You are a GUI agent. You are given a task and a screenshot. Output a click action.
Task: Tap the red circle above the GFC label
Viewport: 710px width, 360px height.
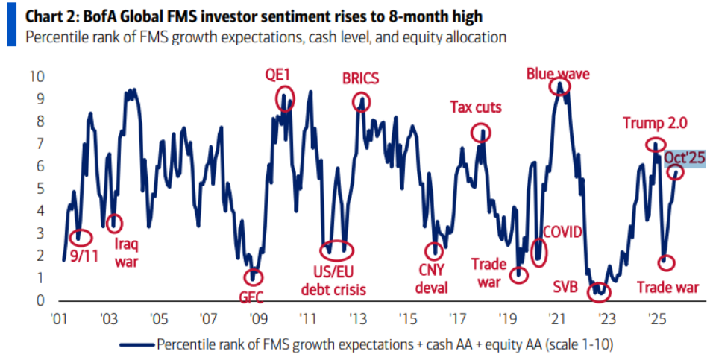click(254, 277)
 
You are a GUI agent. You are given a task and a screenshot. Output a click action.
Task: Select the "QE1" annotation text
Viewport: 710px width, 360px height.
click(278, 75)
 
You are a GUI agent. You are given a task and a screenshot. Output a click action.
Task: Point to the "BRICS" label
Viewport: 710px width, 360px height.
click(361, 79)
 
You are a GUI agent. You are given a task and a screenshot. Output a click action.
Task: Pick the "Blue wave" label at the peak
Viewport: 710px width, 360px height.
click(558, 73)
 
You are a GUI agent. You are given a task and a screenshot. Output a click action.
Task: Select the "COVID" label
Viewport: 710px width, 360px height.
click(562, 232)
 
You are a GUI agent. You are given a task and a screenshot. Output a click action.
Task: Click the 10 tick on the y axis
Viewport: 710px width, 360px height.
click(37, 76)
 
